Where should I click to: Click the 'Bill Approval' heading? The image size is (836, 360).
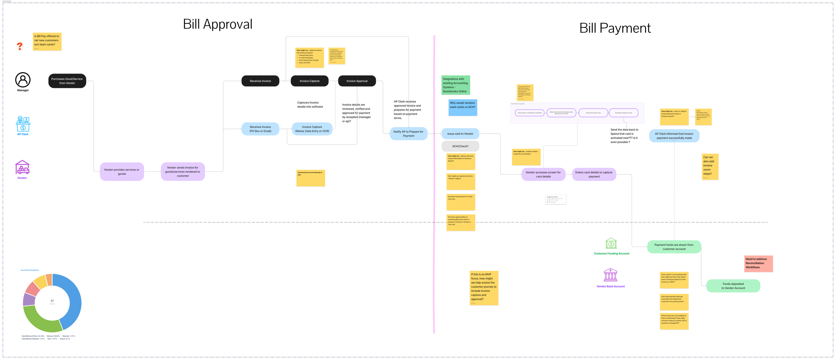(x=218, y=24)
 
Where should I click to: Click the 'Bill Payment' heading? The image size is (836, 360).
(x=615, y=28)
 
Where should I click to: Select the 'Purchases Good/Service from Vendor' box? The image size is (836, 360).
(x=67, y=81)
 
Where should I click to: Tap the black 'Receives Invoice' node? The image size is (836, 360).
(x=260, y=81)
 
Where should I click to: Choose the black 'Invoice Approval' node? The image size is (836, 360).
(x=357, y=81)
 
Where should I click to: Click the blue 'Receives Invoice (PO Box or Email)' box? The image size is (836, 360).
(x=260, y=129)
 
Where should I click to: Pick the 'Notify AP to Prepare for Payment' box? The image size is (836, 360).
(x=408, y=134)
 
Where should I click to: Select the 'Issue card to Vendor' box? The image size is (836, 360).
(x=460, y=134)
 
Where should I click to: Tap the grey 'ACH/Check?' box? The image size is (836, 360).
(x=460, y=146)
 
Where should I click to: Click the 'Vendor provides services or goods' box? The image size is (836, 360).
(x=122, y=172)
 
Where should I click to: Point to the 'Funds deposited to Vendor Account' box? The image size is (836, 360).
(x=733, y=286)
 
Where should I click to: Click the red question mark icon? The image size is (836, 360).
(x=20, y=46)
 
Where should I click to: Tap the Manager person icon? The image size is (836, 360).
(x=23, y=80)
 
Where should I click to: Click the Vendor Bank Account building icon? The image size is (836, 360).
(x=610, y=275)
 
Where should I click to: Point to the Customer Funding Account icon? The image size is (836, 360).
(x=611, y=243)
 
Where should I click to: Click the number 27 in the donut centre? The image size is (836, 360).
(x=52, y=301)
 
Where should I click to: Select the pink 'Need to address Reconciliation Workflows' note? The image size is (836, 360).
(x=758, y=263)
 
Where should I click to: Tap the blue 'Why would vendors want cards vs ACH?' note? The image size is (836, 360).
(x=462, y=107)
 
